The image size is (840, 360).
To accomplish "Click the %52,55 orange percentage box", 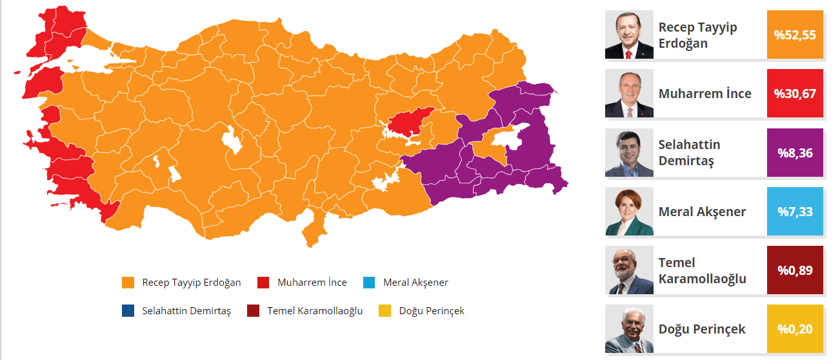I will click(x=795, y=35).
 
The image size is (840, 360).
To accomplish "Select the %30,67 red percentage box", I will click(x=795, y=94).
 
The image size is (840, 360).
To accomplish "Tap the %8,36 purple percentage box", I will click(x=795, y=153).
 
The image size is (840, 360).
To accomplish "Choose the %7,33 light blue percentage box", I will click(x=795, y=212).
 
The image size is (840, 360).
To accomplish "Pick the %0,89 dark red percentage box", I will click(x=795, y=270).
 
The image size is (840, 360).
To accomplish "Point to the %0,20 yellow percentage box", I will click(x=795, y=329).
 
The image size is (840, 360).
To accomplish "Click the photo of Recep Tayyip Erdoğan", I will click(x=629, y=35).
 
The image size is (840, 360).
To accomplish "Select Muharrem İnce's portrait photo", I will click(x=629, y=94).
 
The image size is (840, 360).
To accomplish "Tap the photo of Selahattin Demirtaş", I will click(x=629, y=153).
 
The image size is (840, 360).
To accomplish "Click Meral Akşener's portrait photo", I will click(x=629, y=212).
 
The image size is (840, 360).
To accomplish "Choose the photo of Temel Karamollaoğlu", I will click(x=629, y=270).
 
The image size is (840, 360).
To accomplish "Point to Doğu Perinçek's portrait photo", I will click(x=629, y=329).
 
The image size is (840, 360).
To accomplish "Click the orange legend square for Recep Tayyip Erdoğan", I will click(x=128, y=283).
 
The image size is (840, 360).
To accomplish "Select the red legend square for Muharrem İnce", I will click(x=263, y=283).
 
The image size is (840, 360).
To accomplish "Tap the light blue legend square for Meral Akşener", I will click(x=369, y=283).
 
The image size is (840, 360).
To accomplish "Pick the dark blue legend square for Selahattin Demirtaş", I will click(x=128, y=311).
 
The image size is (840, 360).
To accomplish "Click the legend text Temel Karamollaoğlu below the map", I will click(x=315, y=311).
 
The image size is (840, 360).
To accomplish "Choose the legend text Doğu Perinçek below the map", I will click(x=432, y=311).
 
